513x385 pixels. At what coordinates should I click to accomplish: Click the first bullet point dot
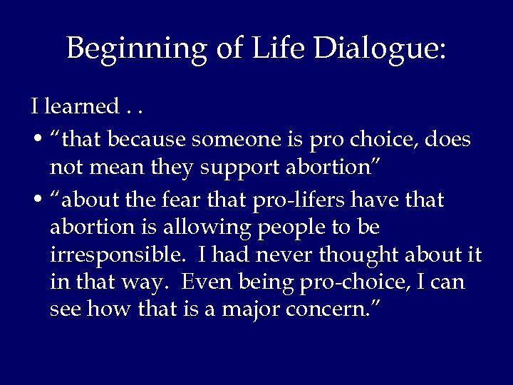[x=35, y=140]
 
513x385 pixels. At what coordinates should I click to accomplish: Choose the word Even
[x=207, y=282]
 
